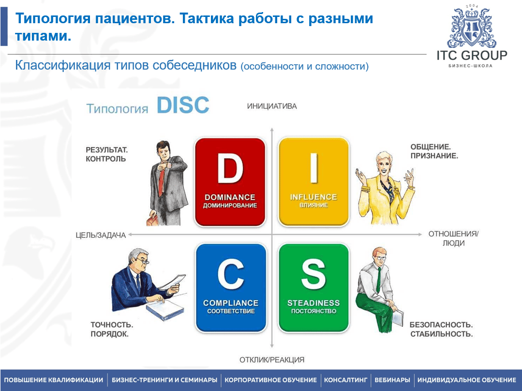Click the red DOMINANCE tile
(x=230, y=182)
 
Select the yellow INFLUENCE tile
(x=313, y=182)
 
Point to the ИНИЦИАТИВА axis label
(x=272, y=106)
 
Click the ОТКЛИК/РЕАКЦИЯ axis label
(x=272, y=360)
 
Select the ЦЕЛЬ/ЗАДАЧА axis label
(x=101, y=235)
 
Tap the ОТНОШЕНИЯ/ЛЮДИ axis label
(x=453, y=238)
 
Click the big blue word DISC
(x=183, y=105)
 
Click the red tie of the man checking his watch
(x=162, y=182)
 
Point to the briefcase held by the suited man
(x=153, y=220)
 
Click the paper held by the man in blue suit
(x=173, y=282)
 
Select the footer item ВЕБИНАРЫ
(x=392, y=380)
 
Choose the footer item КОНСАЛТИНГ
(x=345, y=380)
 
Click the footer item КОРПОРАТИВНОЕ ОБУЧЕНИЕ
(x=270, y=380)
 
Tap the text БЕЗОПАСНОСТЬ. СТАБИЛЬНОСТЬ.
(x=441, y=329)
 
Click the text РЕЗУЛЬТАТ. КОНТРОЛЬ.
(x=106, y=154)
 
